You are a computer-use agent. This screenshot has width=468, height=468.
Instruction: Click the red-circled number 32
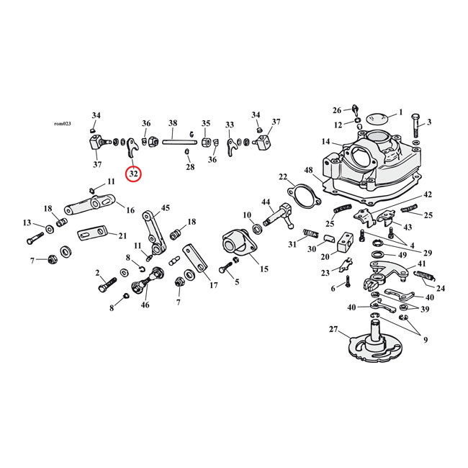[133, 174]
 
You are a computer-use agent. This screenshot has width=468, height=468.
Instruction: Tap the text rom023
[63, 124]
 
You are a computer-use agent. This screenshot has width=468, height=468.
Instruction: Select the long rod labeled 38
[173, 142]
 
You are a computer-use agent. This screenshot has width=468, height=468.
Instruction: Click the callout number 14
[326, 142]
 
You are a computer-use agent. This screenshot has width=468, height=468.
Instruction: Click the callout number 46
[146, 305]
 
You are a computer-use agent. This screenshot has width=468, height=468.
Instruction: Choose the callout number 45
[165, 208]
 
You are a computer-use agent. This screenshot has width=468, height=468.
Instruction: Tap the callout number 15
[264, 269]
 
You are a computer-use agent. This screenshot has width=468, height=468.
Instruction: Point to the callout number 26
[337, 110]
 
